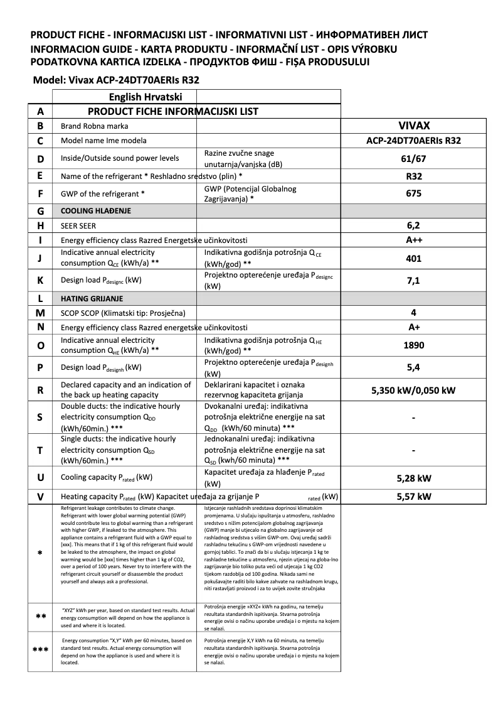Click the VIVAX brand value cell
(x=413, y=126)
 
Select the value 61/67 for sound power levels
(x=413, y=159)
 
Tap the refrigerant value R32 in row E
(x=413, y=177)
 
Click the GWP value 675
(x=413, y=194)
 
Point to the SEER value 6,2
(x=413, y=225)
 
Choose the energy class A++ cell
(x=413, y=240)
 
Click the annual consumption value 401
(x=413, y=258)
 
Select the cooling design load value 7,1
(x=413, y=281)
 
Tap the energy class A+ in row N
(x=413, y=327)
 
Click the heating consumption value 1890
(x=413, y=345)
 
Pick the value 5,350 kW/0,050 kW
(x=413, y=390)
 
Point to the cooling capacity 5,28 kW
(x=414, y=478)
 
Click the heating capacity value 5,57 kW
(x=414, y=497)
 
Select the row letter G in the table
(x=40, y=211)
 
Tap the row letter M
(x=40, y=312)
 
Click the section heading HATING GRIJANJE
(x=92, y=298)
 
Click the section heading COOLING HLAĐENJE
(x=95, y=211)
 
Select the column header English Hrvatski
(x=145, y=97)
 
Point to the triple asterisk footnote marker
(x=40, y=650)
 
